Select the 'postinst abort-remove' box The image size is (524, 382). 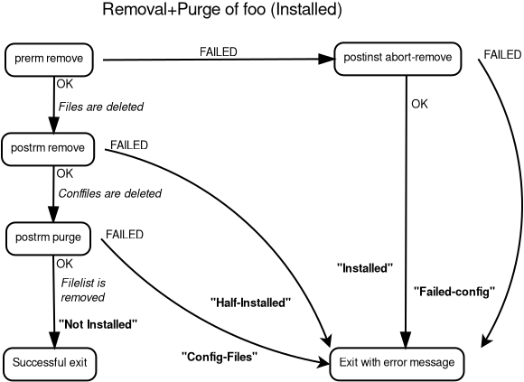tap(398, 59)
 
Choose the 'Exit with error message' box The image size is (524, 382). tap(398, 362)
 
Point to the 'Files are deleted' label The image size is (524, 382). tap(100, 107)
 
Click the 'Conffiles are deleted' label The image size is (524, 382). tap(109, 193)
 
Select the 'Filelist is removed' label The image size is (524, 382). tap(83, 290)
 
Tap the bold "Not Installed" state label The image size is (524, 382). tap(98, 323)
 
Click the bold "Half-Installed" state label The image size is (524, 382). tap(249, 303)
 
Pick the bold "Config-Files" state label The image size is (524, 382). tap(220, 356)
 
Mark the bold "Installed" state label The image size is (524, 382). tap(365, 268)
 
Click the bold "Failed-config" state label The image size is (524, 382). tap(455, 292)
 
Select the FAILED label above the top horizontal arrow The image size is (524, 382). tap(218, 51)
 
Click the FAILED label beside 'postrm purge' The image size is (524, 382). tap(125, 234)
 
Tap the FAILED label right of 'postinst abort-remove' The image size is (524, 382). tap(502, 55)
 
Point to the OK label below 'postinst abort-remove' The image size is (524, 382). tap(419, 104)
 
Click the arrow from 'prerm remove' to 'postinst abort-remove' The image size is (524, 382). tap(217, 61)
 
